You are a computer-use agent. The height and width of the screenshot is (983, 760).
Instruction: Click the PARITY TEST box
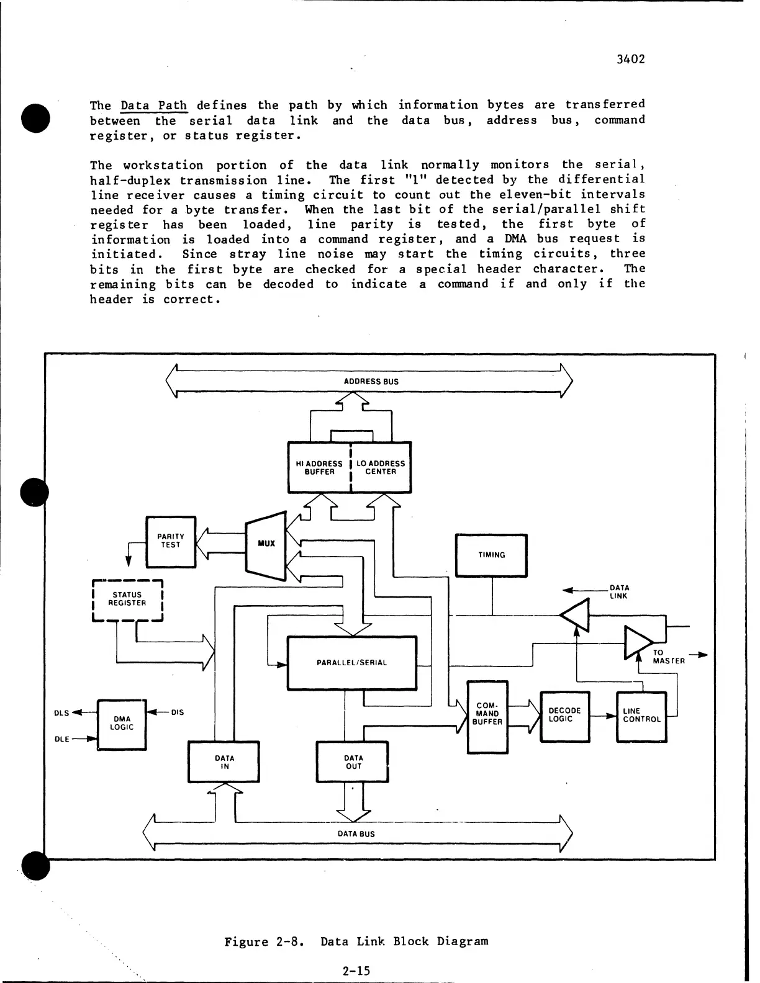click(170, 541)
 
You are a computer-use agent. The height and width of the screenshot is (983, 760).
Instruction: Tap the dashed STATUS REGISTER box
click(127, 599)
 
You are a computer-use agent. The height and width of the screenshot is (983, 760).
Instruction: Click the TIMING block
click(491, 555)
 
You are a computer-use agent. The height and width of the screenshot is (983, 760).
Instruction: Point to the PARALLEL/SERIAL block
click(351, 662)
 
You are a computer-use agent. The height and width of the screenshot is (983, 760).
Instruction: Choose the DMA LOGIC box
click(122, 723)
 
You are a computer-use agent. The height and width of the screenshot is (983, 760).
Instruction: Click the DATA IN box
click(224, 762)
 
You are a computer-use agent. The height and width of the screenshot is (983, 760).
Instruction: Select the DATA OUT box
click(353, 762)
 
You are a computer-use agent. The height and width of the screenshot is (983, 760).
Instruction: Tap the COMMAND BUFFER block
click(487, 716)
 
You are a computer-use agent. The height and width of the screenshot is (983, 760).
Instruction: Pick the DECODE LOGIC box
click(564, 716)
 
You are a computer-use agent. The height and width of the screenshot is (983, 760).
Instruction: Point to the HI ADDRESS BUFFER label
click(319, 467)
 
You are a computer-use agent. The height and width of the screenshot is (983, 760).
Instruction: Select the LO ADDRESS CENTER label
click(381, 467)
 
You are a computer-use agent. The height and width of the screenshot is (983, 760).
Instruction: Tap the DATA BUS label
click(356, 833)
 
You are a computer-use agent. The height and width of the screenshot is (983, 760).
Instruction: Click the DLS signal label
click(61, 712)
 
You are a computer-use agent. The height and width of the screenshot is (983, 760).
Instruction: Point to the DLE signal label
click(61, 739)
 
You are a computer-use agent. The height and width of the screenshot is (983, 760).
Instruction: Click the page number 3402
click(631, 60)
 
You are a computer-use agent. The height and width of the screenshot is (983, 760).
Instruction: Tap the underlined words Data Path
click(154, 105)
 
